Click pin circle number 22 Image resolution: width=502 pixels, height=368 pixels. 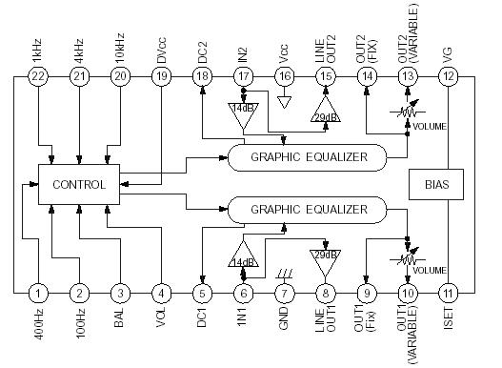click(x=39, y=76)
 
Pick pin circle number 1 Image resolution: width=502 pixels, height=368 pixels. click(x=39, y=294)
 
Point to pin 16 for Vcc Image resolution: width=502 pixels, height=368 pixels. click(x=284, y=76)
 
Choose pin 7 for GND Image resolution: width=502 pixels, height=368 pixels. click(x=284, y=294)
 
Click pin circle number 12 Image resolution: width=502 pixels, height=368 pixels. click(x=449, y=76)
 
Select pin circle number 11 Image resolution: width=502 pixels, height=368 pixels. click(x=449, y=294)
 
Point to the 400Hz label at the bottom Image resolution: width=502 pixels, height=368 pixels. click(x=39, y=330)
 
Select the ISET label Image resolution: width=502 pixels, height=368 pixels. click(x=449, y=328)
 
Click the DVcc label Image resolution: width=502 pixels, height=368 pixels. click(x=162, y=44)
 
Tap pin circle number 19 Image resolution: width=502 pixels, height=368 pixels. click(x=162, y=76)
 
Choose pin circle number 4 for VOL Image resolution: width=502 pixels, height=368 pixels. click(x=162, y=294)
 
